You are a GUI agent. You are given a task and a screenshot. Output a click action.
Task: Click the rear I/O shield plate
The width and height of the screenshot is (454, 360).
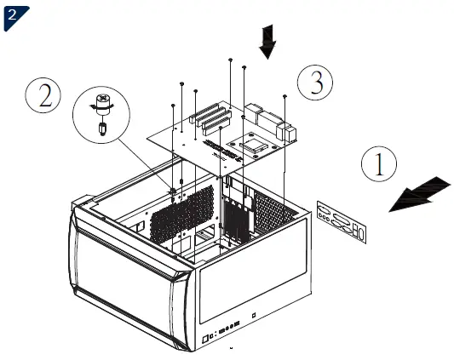pos(342,220)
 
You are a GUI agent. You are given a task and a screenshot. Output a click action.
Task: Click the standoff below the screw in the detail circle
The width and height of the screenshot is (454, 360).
pos(102,127)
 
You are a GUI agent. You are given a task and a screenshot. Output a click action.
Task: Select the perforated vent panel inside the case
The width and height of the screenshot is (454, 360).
pos(181,213)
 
